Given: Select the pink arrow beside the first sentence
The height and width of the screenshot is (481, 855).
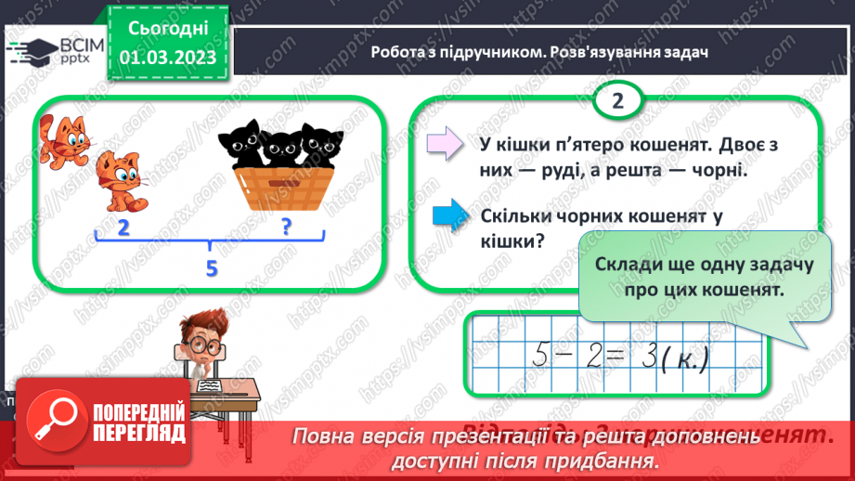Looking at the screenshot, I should point(446,144).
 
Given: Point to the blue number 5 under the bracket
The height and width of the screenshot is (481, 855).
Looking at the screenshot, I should point(212,268).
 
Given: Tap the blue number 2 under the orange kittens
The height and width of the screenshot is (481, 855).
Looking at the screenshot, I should point(123,227).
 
